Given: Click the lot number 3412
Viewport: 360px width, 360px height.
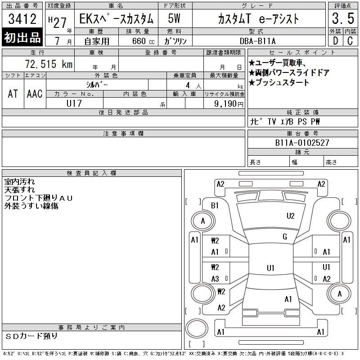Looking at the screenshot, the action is click(22, 19).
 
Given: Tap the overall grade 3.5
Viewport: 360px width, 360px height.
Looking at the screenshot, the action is click(343, 18).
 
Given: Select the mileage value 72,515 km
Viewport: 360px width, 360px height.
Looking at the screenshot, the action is click(49, 64).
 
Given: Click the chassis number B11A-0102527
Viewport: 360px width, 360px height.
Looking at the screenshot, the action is click(302, 143).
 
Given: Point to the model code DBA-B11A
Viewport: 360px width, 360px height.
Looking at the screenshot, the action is click(257, 41).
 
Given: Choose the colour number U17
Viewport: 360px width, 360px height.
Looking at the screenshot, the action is click(74, 103).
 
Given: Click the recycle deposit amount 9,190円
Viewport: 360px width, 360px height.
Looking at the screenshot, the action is click(229, 104).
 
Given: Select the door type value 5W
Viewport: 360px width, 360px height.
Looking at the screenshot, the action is click(174, 18).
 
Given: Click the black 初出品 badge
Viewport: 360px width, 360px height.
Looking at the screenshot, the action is click(22, 37).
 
